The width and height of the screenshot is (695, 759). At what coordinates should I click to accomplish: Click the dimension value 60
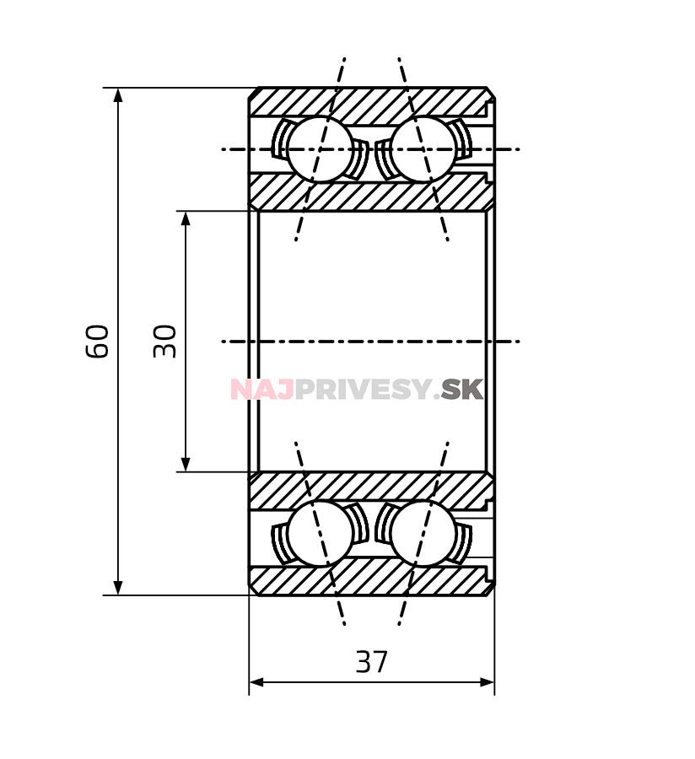click(98, 341)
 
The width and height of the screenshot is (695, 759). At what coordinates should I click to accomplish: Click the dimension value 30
click(165, 341)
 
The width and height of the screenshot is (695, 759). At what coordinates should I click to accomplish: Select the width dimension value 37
click(371, 663)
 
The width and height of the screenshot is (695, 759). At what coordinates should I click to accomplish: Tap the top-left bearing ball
click(320, 149)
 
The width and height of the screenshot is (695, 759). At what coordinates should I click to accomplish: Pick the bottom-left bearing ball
click(320, 533)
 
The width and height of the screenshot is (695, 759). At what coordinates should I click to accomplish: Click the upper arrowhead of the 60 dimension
click(118, 94)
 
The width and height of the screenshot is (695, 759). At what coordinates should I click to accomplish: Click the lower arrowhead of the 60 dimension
click(118, 587)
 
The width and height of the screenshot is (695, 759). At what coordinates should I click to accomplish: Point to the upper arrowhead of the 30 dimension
click(186, 218)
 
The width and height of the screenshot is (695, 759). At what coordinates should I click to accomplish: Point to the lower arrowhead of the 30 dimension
click(186, 464)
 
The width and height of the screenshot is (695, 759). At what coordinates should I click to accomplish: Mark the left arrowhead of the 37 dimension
click(256, 681)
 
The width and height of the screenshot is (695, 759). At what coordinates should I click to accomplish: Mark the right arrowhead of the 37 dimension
click(487, 681)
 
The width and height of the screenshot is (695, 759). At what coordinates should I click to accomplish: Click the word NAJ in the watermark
click(261, 390)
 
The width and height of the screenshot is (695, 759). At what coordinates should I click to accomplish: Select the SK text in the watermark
click(462, 390)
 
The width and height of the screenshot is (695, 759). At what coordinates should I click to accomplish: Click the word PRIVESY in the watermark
click(363, 390)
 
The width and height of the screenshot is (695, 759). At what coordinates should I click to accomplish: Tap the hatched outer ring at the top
click(371, 102)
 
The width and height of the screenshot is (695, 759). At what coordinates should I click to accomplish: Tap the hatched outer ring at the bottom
click(371, 580)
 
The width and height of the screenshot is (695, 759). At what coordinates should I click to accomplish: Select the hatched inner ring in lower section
click(371, 489)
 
